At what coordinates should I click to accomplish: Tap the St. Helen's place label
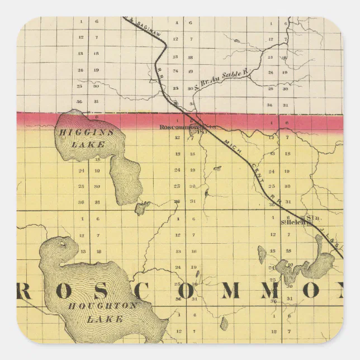click(295, 222)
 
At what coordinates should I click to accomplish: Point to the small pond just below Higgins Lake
click(142, 209)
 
